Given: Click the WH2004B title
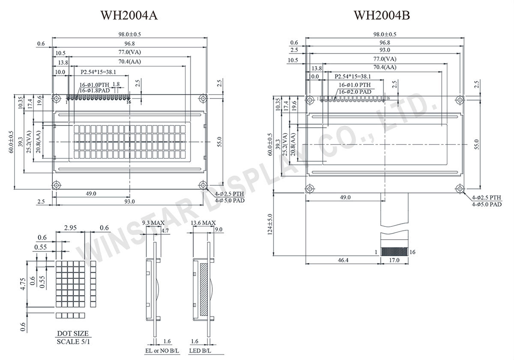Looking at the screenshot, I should coord(382,15).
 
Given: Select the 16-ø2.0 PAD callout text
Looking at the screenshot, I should coord(354,92).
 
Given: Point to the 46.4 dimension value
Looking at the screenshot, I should coord(343,260).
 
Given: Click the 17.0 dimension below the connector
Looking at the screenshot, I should coord(394,260).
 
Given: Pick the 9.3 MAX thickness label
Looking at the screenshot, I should coord(152,223).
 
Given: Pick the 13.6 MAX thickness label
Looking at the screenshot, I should coord(203,223).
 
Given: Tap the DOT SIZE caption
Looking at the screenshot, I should coord(73,333).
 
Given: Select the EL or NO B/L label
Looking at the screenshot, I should coord(158,351).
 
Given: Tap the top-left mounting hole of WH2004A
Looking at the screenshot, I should coord(56,99).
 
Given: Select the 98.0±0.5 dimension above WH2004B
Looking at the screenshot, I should coord(385,34).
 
